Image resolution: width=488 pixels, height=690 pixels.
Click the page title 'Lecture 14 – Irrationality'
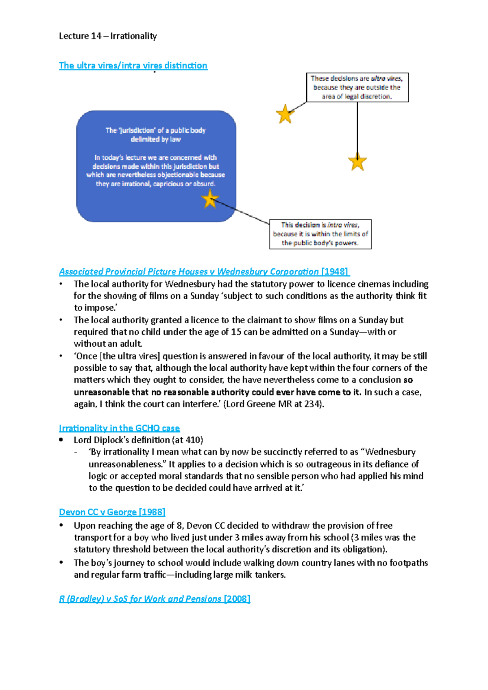pos(108,36)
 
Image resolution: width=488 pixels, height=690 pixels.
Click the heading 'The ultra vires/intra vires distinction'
pos(133,65)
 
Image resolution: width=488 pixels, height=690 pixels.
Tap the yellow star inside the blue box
pos(210,199)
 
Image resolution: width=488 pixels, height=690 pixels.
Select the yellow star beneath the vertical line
pos(357,162)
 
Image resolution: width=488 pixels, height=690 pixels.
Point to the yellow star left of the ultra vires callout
pos(285,114)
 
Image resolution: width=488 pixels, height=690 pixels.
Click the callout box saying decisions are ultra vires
pos(357,87)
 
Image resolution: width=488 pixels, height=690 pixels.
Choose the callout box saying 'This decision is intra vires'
pos(320,234)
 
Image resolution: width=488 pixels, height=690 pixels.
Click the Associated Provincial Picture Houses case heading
pos(189,272)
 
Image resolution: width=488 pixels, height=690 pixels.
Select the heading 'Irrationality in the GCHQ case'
pos(119,428)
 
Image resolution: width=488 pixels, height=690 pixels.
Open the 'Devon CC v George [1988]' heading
pos(112,512)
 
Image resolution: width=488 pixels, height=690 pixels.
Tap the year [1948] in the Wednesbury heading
pos(335,272)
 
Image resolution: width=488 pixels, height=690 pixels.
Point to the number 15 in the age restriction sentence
pos(236,332)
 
